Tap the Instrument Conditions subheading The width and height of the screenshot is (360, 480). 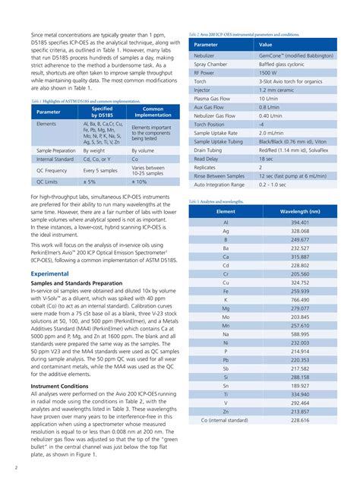[59, 386]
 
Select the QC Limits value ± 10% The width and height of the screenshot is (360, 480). [141, 182]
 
